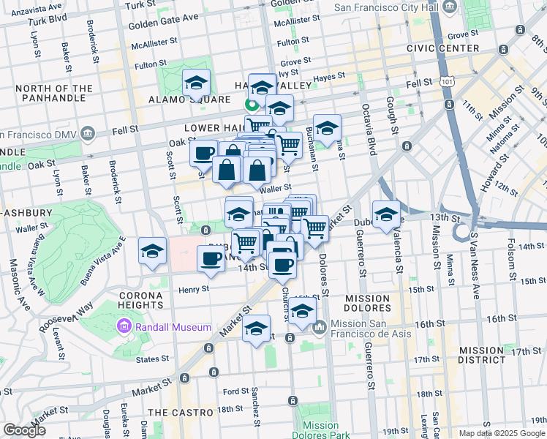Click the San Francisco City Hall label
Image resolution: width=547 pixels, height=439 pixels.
click(x=388, y=8)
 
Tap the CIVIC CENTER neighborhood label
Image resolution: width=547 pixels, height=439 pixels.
click(x=437, y=48)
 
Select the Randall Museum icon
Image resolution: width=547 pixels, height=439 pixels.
click(x=123, y=326)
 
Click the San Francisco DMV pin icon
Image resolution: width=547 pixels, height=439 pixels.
click(x=88, y=134)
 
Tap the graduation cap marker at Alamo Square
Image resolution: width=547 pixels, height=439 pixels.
click(x=196, y=83)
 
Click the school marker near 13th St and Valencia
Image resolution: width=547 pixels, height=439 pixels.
click(x=386, y=214)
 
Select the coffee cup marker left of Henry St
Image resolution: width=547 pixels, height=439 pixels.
click(x=212, y=258)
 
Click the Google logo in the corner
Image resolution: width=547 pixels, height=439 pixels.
click(x=24, y=430)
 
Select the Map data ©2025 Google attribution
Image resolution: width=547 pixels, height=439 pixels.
click(x=501, y=433)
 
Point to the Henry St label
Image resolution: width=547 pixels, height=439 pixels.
click(x=194, y=288)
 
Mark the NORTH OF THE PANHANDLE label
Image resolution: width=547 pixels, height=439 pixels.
click(x=54, y=94)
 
